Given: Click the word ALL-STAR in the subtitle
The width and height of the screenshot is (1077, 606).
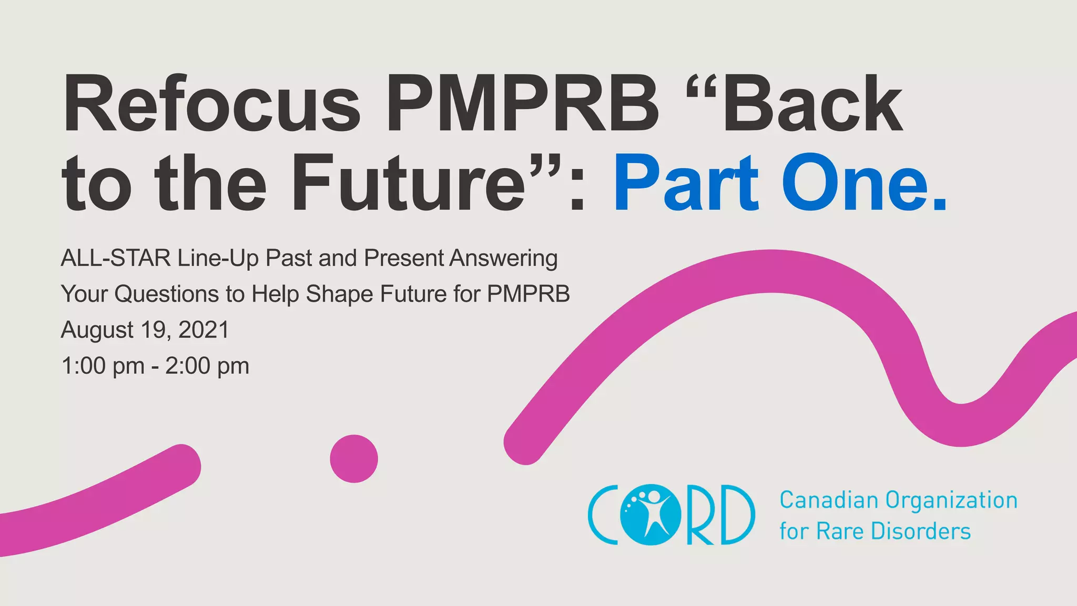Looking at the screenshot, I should click(x=116, y=258).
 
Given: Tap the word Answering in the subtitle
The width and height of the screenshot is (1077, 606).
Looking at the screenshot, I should click(x=503, y=258).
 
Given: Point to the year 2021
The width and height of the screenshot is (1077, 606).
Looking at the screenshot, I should click(x=204, y=330).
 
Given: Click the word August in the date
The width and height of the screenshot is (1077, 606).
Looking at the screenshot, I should click(x=97, y=330).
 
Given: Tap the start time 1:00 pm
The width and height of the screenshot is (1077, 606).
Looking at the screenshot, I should click(x=103, y=366).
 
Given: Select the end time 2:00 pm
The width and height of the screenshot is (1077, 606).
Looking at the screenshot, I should click(x=207, y=366).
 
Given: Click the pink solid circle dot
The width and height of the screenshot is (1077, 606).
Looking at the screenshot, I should click(x=354, y=459).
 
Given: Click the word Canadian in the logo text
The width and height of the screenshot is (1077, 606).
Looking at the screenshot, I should click(x=829, y=500).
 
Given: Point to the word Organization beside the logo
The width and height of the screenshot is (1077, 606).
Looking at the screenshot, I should click(x=952, y=500).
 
